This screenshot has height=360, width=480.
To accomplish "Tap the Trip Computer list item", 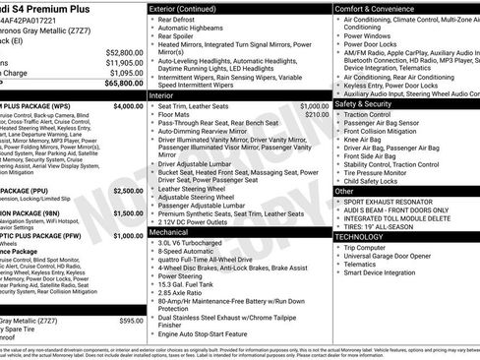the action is point(372,247).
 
